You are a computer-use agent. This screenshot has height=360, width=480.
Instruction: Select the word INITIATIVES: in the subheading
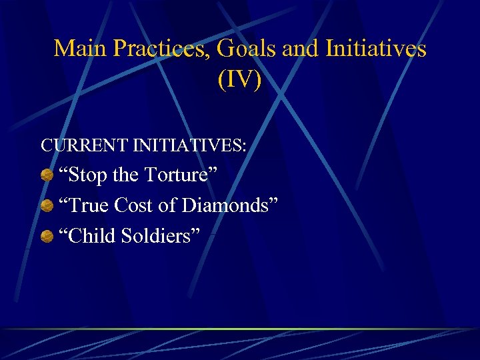[193, 145]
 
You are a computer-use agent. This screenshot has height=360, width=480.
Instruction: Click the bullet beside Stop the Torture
[47, 176]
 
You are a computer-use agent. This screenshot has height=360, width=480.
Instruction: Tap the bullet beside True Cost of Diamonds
[47, 206]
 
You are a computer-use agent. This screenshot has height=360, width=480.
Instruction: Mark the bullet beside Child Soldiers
[47, 236]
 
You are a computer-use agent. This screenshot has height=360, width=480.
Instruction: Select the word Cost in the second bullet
[133, 205]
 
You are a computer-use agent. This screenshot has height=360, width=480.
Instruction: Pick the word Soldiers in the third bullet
[160, 235]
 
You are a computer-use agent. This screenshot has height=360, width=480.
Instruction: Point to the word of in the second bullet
[167, 205]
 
